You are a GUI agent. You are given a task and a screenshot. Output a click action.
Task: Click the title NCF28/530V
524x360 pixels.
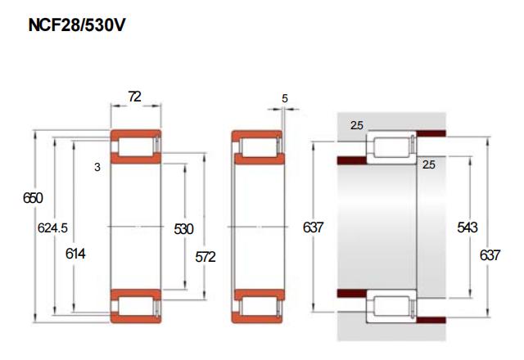point(76,25)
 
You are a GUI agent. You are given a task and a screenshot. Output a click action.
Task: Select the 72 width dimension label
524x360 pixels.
point(134,97)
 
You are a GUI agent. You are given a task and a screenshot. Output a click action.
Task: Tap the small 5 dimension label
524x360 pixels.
point(284,98)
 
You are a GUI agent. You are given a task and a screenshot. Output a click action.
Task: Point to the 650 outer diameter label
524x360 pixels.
point(33,198)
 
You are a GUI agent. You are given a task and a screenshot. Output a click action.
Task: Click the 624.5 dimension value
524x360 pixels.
point(52,228)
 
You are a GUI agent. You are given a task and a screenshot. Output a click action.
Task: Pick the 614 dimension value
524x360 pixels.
point(75,254)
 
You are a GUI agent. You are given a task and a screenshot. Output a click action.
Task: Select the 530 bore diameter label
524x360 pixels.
point(183,229)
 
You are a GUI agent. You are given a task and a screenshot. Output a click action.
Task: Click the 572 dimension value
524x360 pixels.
point(206,257)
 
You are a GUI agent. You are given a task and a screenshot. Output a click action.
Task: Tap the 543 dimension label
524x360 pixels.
point(468,227)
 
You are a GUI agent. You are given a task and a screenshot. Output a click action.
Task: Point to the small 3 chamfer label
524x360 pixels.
point(97,167)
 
